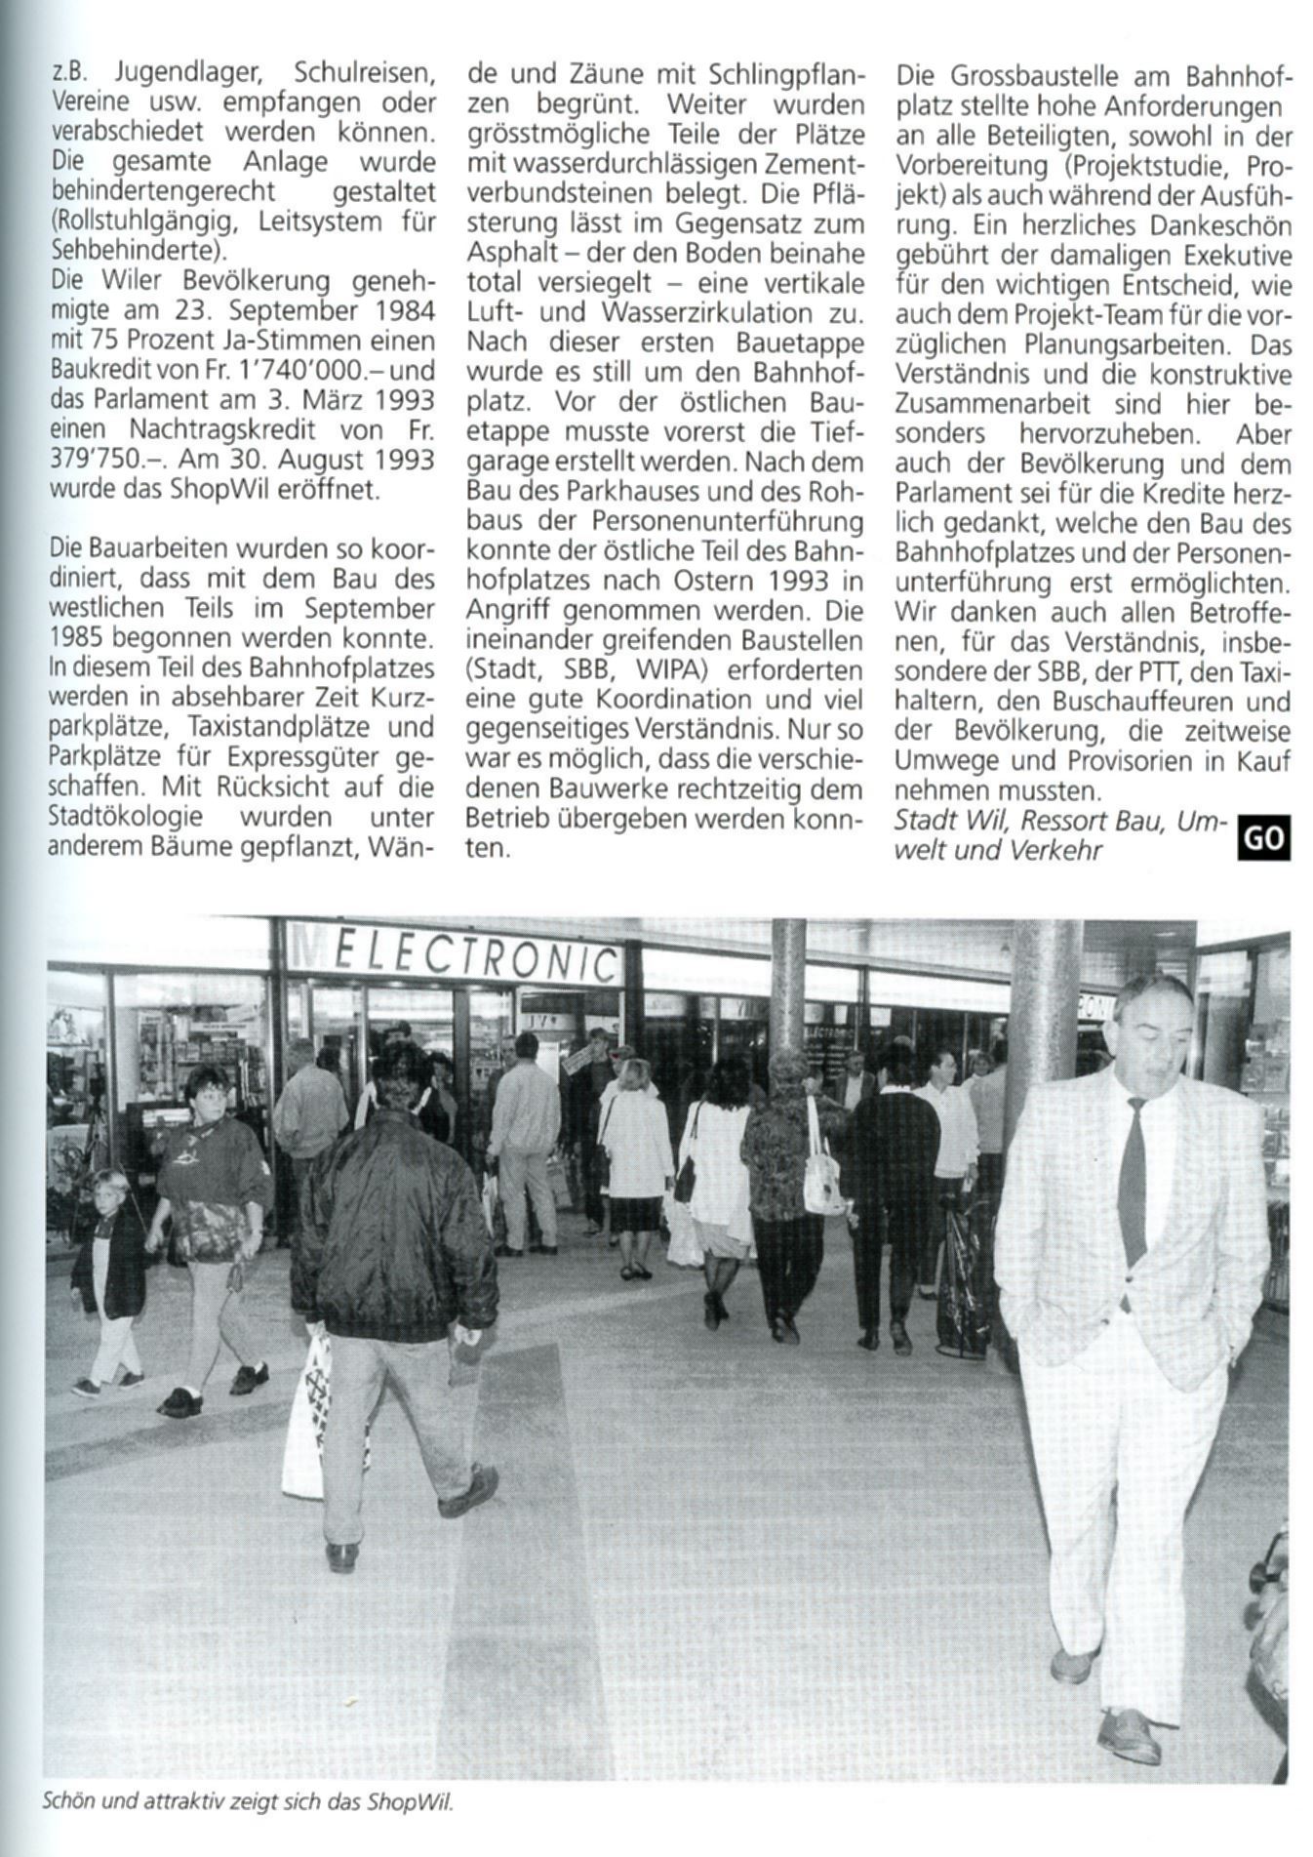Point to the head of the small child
[x=109, y=1192]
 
